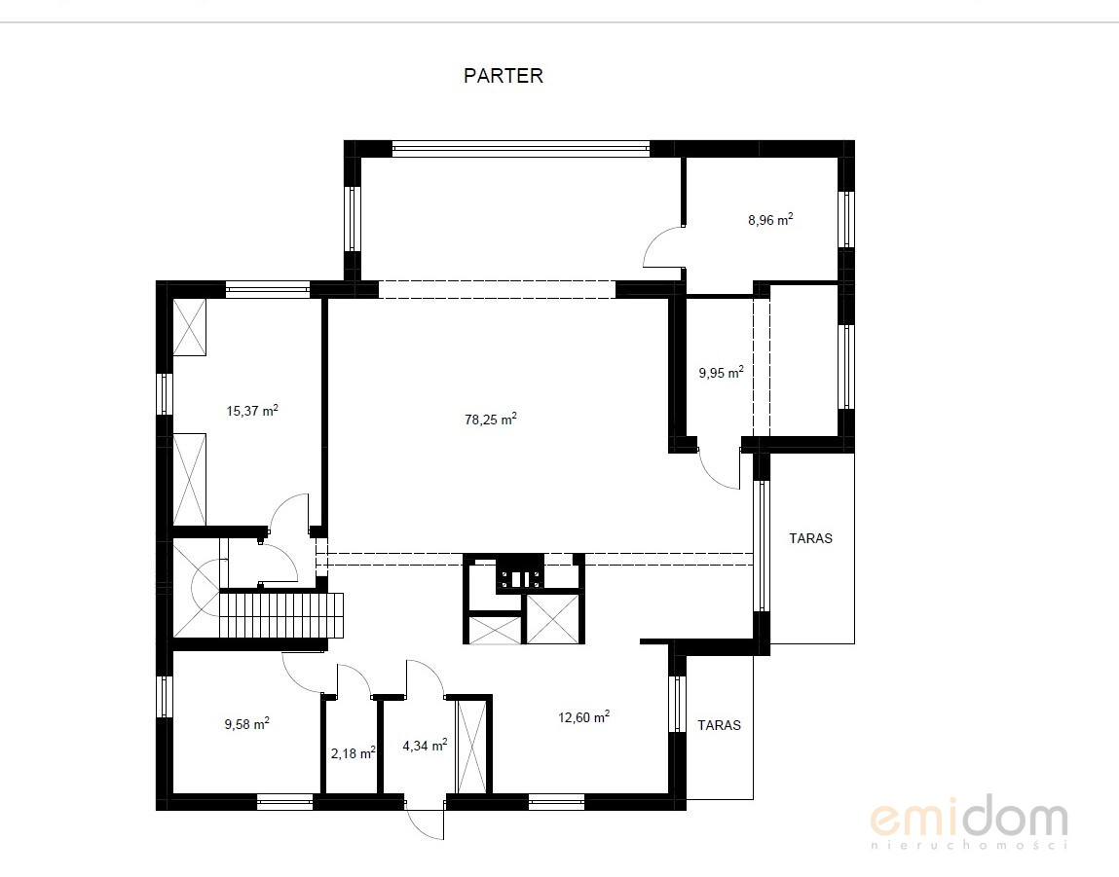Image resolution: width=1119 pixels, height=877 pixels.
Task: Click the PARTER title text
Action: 504,76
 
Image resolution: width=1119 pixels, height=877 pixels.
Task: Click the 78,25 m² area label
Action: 490,420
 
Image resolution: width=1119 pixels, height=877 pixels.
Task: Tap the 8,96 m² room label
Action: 770,220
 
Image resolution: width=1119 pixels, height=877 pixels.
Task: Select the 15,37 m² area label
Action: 252,411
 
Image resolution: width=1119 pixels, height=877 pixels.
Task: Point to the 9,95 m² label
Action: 721,372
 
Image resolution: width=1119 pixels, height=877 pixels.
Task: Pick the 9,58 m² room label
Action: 247,724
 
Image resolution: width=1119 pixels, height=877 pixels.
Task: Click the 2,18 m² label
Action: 354,752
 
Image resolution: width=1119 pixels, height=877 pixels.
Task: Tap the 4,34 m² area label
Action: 425,745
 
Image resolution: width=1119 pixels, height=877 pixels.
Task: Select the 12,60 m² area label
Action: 583,716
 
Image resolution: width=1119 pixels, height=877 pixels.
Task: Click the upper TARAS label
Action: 810,538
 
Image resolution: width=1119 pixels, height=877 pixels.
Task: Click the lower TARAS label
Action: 720,725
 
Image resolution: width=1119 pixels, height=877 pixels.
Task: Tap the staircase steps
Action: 281,615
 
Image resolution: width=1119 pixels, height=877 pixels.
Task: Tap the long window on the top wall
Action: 520,150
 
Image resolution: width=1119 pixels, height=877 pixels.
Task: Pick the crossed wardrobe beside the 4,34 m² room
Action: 470,747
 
